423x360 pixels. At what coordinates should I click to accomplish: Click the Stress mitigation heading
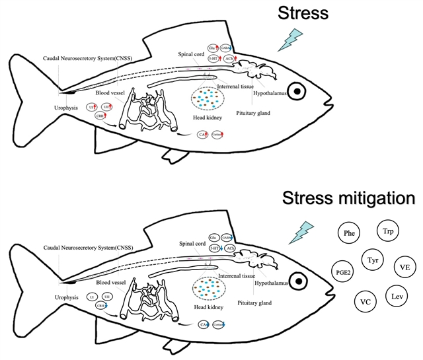[348, 198]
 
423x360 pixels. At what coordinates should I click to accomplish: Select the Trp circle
[388, 232]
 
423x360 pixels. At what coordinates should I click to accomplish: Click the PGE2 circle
[343, 271]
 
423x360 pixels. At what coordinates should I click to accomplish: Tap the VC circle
[365, 301]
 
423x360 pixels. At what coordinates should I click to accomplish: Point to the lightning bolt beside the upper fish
[291, 41]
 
